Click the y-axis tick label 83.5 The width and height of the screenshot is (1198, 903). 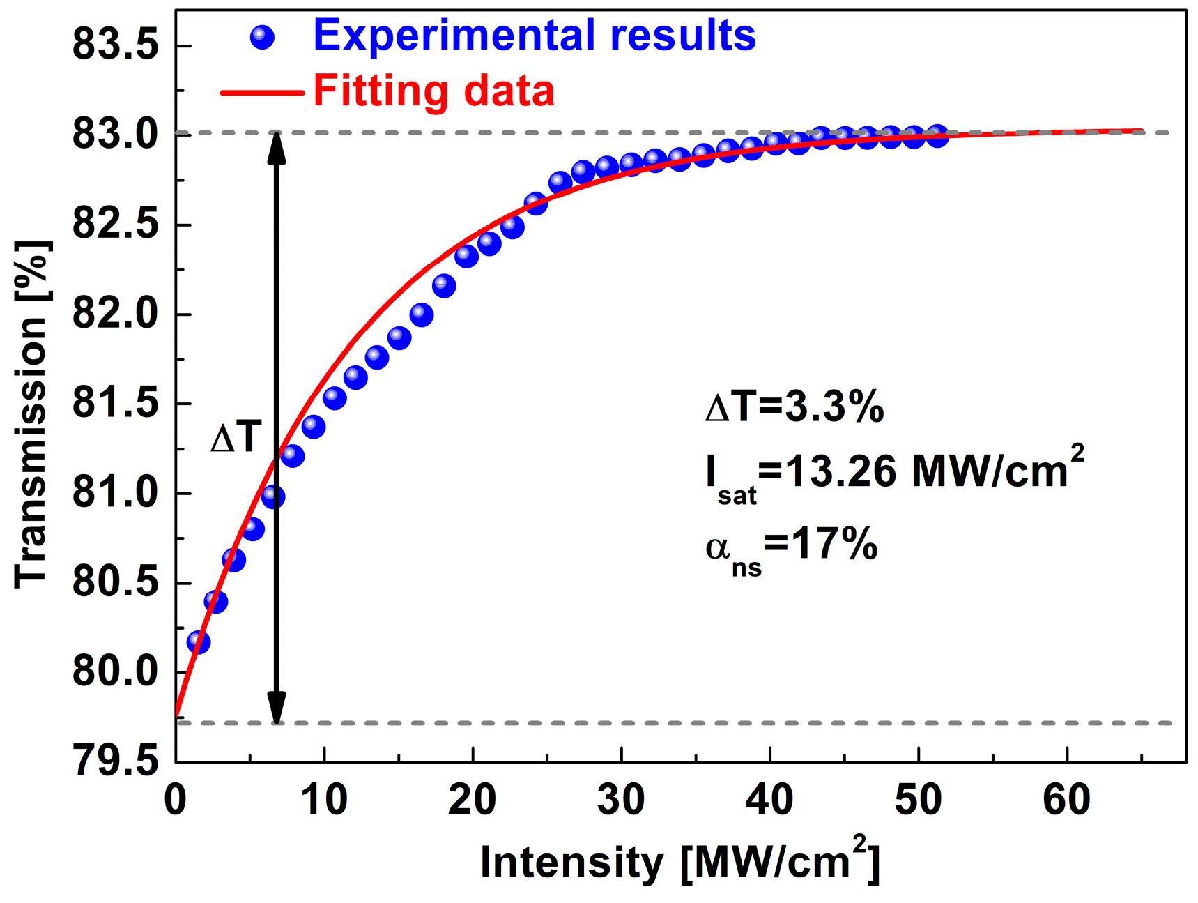(x=115, y=46)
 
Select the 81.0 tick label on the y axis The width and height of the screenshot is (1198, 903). (x=115, y=493)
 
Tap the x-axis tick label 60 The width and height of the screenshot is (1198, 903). (x=1066, y=799)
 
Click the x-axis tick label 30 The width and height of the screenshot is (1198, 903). (x=620, y=799)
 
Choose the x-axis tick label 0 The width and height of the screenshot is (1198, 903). (x=176, y=799)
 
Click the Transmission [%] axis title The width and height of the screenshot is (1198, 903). (x=31, y=415)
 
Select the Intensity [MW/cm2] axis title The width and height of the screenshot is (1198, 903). (x=679, y=860)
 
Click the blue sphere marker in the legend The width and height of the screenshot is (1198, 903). (x=262, y=37)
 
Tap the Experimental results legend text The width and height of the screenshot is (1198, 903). (x=534, y=35)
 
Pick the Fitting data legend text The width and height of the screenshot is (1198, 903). (x=433, y=91)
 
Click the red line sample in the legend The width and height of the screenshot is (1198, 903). (x=262, y=92)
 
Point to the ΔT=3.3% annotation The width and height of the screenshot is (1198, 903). (x=794, y=407)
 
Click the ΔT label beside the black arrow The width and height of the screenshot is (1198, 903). (x=236, y=439)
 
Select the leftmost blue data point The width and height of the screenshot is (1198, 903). (x=199, y=642)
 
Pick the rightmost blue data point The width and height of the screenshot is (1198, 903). (x=937, y=136)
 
